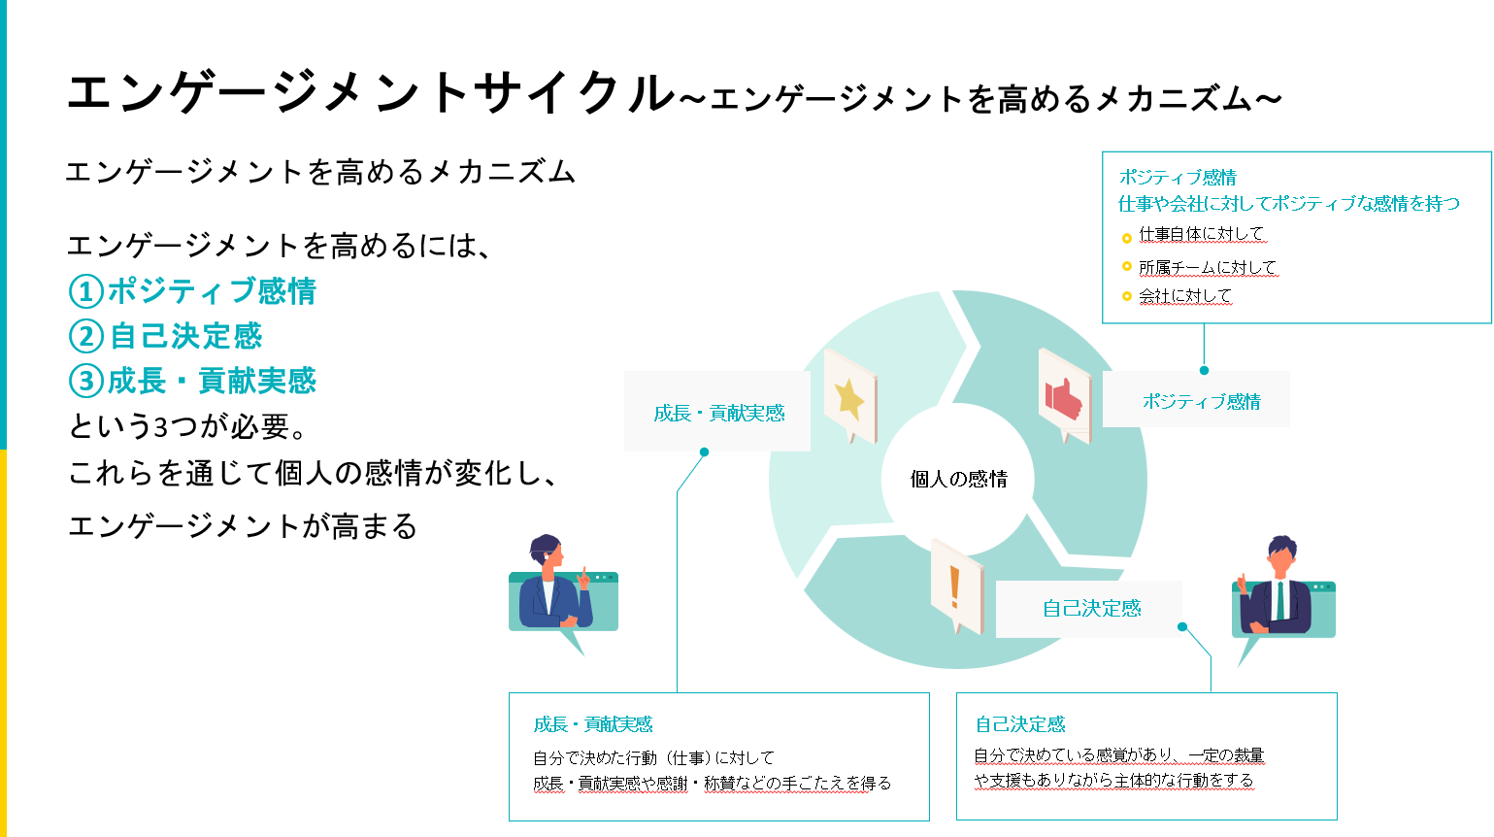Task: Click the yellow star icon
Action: coord(848,399)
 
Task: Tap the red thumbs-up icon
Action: coord(1063,399)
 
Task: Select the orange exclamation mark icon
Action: coord(954,587)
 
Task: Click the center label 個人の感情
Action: coord(958,479)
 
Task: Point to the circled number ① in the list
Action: coord(86,291)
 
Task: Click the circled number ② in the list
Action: coord(86,336)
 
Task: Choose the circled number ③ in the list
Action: coord(86,381)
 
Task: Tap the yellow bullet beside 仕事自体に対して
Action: coord(1126,238)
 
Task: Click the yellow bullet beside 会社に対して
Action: coord(1126,296)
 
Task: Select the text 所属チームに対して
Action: coord(1208,267)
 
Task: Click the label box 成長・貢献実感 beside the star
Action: coord(717,412)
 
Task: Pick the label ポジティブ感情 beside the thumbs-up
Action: coord(1201,401)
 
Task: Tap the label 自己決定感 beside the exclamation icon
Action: coord(1092,608)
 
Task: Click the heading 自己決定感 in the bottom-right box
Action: coord(1020,724)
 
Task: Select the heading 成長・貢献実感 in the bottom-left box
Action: coord(593,724)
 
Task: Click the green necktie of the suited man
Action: coord(1279,600)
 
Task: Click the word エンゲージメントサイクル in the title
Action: coord(372,92)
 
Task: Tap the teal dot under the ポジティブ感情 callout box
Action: coord(1204,370)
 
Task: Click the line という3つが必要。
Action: coord(187,426)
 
